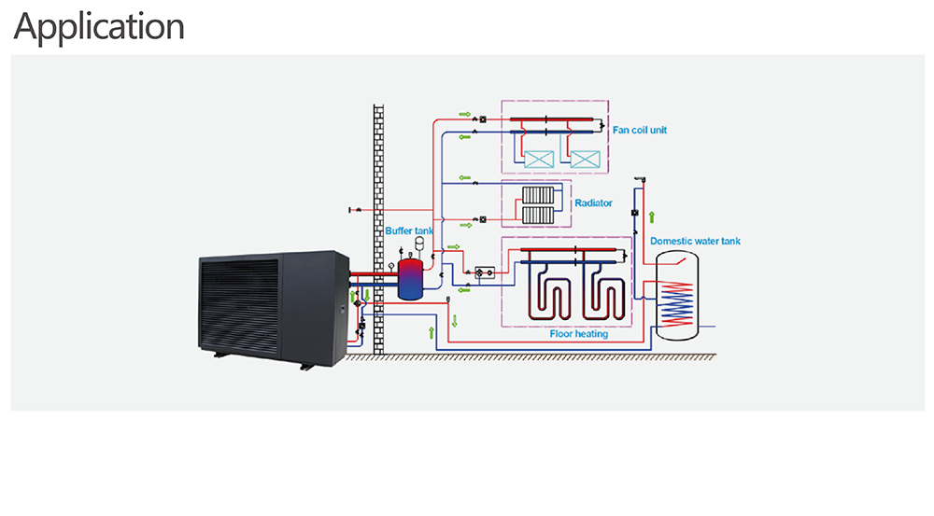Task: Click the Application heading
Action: click(x=99, y=27)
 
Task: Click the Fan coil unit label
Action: click(x=640, y=130)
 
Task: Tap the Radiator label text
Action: click(x=593, y=203)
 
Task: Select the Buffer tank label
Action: click(x=409, y=230)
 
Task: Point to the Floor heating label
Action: click(x=578, y=334)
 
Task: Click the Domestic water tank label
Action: click(x=695, y=241)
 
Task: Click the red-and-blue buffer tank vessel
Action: click(x=410, y=279)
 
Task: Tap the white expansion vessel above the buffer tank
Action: click(x=419, y=242)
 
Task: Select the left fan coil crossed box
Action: click(x=539, y=159)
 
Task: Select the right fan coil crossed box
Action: click(x=585, y=159)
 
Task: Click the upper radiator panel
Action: click(x=538, y=195)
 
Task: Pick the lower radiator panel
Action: click(x=538, y=216)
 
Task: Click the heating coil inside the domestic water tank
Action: click(x=677, y=303)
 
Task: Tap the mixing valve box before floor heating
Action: click(x=485, y=272)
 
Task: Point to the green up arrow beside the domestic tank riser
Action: click(x=652, y=217)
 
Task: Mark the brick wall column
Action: click(x=378, y=230)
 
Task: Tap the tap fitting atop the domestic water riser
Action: click(x=641, y=178)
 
